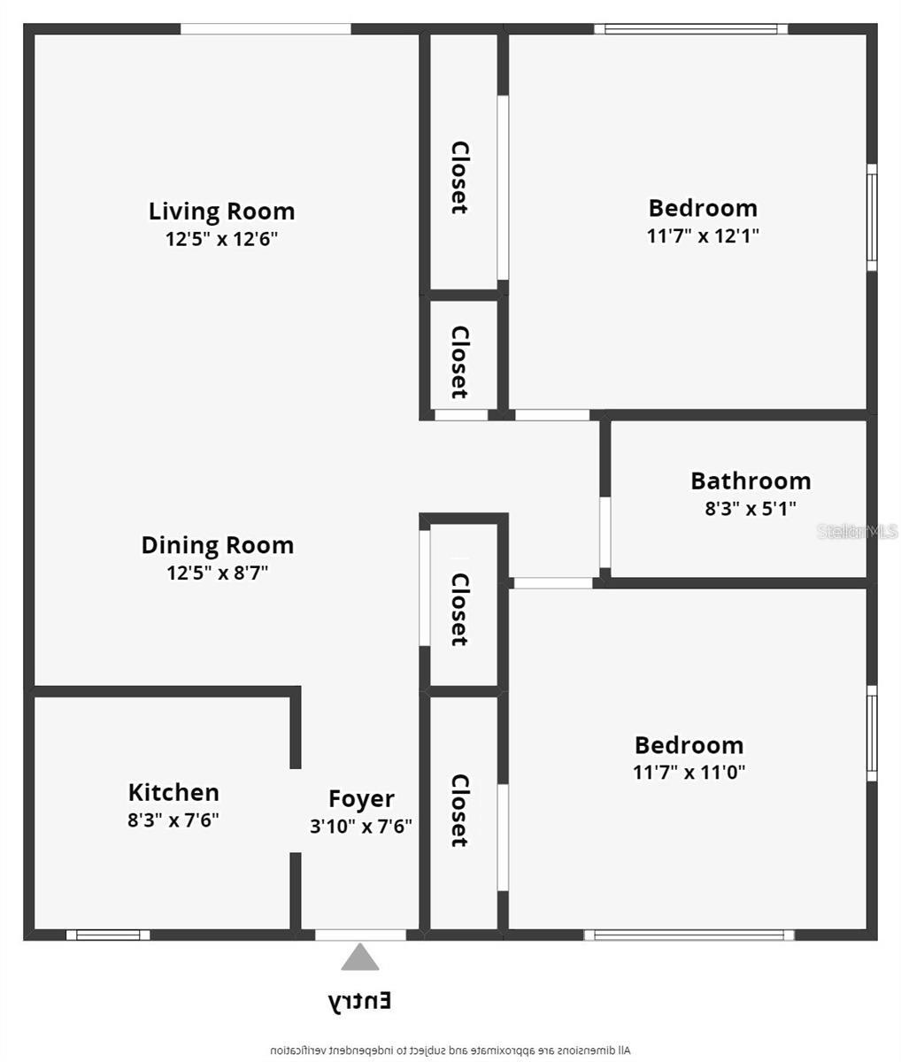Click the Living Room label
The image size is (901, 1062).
pyautogui.click(x=221, y=212)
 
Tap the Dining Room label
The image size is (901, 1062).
pyautogui.click(x=217, y=545)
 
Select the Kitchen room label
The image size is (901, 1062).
pyautogui.click(x=173, y=792)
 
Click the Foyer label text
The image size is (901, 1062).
pyautogui.click(x=361, y=799)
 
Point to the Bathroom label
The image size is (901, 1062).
pyautogui.click(x=751, y=481)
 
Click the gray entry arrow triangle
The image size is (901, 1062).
pyautogui.click(x=360, y=958)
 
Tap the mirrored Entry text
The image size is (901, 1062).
pyautogui.click(x=360, y=1001)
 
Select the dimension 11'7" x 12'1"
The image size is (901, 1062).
pyautogui.click(x=703, y=236)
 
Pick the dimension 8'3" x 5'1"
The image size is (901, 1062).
pyautogui.click(x=751, y=509)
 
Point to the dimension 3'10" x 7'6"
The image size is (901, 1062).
pyautogui.click(x=361, y=827)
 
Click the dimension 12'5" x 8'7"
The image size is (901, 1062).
pyautogui.click(x=217, y=573)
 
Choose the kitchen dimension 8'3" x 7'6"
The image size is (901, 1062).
pyautogui.click(x=173, y=820)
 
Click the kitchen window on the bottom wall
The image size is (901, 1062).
pyautogui.click(x=108, y=935)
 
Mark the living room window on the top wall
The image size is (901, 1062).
pyautogui.click(x=266, y=29)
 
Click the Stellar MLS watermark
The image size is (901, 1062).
pyautogui.click(x=857, y=532)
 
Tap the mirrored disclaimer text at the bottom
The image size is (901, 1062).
pyautogui.click(x=450, y=1050)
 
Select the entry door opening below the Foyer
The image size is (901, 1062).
pyautogui.click(x=360, y=935)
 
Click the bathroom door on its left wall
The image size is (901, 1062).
pyautogui.click(x=605, y=532)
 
